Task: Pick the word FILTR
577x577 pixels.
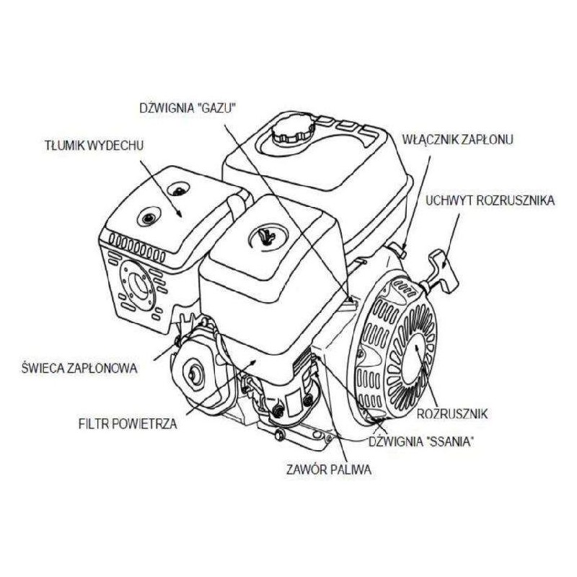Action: tap(93, 424)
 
